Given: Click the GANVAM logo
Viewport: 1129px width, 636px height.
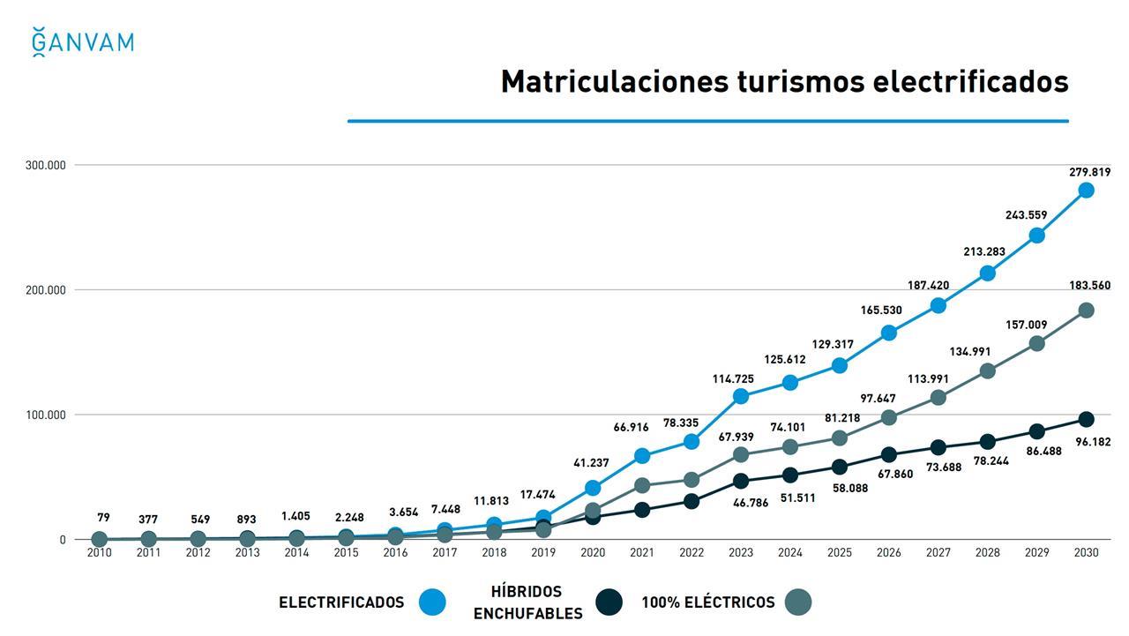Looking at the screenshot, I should (x=82, y=42).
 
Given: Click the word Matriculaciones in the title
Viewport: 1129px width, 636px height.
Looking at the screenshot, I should (x=615, y=81).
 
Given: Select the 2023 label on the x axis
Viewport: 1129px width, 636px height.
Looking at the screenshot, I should (x=741, y=553).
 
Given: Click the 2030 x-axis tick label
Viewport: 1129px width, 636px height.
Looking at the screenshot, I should (x=1086, y=553).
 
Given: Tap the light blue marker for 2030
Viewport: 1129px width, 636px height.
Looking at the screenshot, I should (x=1086, y=191).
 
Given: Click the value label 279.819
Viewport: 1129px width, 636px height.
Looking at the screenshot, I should (x=1089, y=172).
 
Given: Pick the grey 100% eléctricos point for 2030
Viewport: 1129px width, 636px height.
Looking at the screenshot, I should (x=1086, y=311).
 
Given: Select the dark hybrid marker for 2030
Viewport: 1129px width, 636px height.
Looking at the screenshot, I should (x=1086, y=420).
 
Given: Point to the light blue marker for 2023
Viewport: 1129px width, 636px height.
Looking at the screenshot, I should (x=741, y=396).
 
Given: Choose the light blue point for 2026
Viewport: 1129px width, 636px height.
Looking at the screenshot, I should (x=889, y=333).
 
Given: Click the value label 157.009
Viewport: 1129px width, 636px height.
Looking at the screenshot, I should (x=1026, y=325).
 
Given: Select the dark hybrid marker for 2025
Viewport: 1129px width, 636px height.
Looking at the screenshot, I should (x=840, y=467).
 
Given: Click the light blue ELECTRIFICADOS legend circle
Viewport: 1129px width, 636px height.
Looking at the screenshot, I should (x=432, y=602).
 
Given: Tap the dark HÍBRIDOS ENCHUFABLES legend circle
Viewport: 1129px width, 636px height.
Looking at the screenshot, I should (x=609, y=602).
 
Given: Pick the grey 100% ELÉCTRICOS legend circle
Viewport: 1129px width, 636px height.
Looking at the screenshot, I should (x=797, y=602).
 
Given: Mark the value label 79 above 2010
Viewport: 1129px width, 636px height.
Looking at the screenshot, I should (x=103, y=518).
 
